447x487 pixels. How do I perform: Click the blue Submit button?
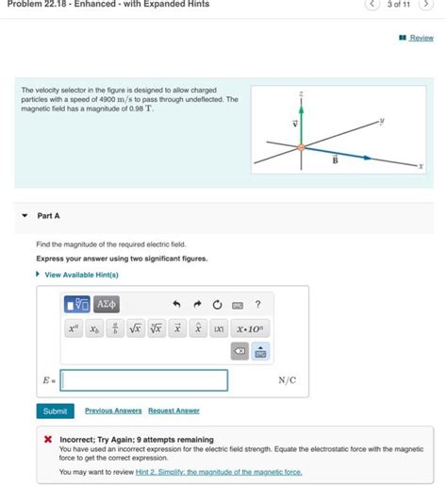(x=55, y=411)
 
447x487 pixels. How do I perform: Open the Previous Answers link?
(x=113, y=411)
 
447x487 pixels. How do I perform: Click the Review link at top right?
(x=421, y=38)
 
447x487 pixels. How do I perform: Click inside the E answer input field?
(x=144, y=380)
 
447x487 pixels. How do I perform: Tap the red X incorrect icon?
(x=47, y=440)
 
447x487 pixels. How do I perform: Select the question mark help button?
(x=257, y=303)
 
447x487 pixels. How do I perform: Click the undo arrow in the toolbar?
(x=175, y=303)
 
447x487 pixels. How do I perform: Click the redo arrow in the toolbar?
(x=197, y=303)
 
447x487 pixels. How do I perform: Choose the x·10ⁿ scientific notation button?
(x=252, y=328)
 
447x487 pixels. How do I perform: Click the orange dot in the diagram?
(x=300, y=146)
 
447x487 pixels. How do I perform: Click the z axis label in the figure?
(x=300, y=93)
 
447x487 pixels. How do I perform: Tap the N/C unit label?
(x=287, y=380)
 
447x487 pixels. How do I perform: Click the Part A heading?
(x=48, y=216)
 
